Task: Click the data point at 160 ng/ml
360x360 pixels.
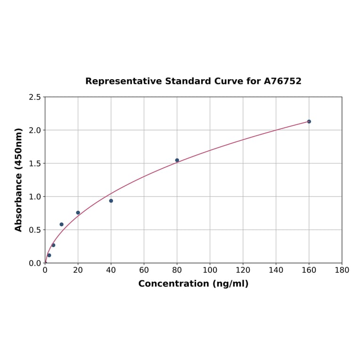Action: pos(309,122)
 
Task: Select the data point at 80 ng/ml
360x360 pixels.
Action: pos(177,160)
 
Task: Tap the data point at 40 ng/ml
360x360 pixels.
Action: pos(111,201)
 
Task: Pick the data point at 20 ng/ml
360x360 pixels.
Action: pos(78,213)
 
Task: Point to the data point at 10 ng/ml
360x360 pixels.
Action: pos(62,224)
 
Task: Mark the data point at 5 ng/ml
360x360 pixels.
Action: pos(53,245)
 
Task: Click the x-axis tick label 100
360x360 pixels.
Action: pos(210,270)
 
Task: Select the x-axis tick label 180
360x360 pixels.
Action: pos(342,270)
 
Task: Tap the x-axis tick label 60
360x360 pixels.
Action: pos(144,270)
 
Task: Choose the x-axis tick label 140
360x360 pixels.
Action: pos(276,270)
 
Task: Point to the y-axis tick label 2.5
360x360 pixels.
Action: pos(35,97)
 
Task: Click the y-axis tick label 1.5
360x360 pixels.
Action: pos(35,164)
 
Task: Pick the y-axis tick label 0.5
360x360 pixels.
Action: pos(35,230)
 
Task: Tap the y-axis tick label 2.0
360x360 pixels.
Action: pos(35,130)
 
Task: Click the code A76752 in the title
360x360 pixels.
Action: pos(282,81)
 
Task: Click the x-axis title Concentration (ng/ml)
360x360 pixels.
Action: pos(193,284)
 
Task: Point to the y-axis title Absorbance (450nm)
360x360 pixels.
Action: pos(19,180)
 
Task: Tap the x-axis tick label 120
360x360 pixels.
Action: pos(243,270)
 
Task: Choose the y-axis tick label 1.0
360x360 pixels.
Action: pos(35,196)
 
